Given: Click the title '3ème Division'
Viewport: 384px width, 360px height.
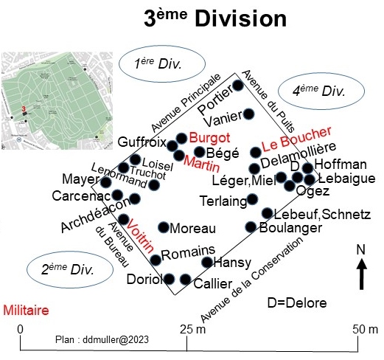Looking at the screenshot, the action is point(215,18).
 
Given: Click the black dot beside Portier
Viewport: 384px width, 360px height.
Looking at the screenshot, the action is point(238,86).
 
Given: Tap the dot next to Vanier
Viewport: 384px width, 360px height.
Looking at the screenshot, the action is point(248,114).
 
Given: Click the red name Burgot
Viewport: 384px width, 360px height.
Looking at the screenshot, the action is point(209,138).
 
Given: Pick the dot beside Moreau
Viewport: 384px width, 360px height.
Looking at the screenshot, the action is point(164,227).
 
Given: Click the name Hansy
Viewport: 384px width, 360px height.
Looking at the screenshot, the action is point(232,263).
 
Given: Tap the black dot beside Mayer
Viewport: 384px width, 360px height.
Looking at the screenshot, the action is point(106,182).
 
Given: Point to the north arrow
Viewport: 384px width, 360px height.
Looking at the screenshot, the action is point(361,274).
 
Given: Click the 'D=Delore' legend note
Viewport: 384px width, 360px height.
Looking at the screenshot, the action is point(297,303).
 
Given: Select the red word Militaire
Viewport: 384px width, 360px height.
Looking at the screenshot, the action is point(26,311).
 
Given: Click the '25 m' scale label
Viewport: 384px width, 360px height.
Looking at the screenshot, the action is point(192,329).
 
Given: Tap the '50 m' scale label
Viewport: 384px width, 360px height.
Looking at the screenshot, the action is point(365,329).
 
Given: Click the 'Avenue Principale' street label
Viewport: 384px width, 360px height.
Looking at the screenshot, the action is point(186,103).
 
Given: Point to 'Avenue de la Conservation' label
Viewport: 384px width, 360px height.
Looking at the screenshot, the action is point(252,280).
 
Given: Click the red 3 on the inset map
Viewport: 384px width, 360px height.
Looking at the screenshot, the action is point(24,108).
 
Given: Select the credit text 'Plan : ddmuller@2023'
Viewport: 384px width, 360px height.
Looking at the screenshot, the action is point(102,339).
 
